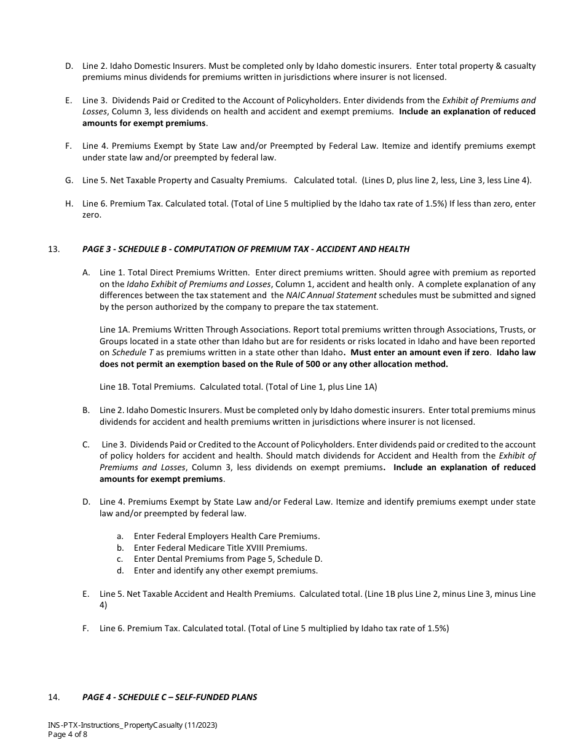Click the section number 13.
point(53,249)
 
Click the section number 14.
point(53,697)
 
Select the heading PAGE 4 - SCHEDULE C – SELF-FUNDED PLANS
point(170,697)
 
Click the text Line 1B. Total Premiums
point(148,387)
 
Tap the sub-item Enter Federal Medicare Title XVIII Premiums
point(220,548)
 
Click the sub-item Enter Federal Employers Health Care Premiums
point(226,536)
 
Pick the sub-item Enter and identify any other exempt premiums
point(225,570)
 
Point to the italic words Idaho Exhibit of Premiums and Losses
point(199,284)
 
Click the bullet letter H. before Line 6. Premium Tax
point(69,203)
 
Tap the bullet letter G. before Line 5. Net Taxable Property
point(69,180)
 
